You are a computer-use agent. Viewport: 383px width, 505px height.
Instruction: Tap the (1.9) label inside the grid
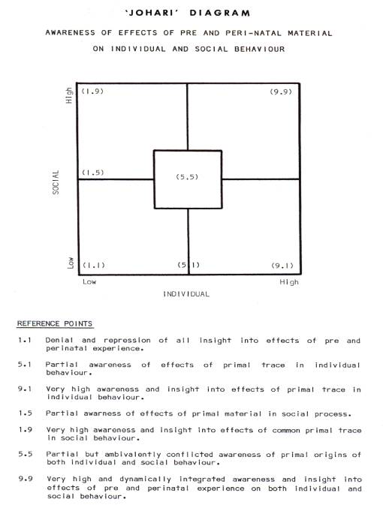[92, 92]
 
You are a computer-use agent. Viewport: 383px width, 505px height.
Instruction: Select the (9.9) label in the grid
[281, 92]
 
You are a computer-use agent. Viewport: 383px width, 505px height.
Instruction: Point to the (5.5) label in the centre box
[187, 177]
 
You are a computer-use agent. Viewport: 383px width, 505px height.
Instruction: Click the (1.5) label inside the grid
[93, 173]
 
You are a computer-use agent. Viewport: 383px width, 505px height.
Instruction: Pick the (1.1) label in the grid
[94, 266]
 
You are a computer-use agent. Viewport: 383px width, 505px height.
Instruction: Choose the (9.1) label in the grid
[282, 266]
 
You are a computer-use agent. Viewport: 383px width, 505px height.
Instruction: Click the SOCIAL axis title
[56, 182]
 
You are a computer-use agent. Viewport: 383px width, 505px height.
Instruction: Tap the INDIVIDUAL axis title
[186, 294]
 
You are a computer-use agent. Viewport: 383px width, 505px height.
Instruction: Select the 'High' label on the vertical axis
[69, 95]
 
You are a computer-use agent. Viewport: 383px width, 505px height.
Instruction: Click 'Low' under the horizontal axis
[89, 282]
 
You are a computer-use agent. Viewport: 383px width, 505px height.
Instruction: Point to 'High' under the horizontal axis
[289, 282]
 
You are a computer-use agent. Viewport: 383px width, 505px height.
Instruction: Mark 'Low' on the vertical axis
[71, 263]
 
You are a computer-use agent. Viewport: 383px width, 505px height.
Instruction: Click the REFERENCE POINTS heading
[55, 323]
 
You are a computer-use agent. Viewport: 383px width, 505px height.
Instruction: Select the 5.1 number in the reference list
[25, 365]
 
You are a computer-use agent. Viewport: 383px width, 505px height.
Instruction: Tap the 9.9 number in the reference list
[26, 479]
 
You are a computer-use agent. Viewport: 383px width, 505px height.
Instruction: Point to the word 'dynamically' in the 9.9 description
[146, 479]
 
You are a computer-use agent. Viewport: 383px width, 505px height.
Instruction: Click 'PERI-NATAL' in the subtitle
[253, 33]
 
